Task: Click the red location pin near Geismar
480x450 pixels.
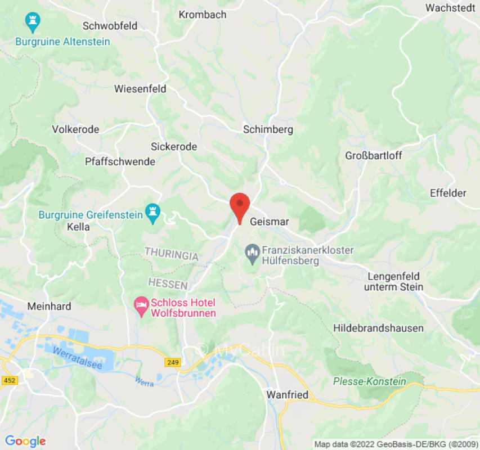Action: pyautogui.click(x=240, y=205)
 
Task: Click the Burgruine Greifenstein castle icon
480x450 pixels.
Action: pyautogui.click(x=152, y=213)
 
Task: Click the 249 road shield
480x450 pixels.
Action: pyautogui.click(x=173, y=363)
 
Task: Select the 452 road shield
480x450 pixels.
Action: pyautogui.click(x=10, y=381)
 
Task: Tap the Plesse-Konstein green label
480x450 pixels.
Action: pyautogui.click(x=369, y=381)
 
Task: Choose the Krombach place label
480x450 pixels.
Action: pyautogui.click(x=203, y=15)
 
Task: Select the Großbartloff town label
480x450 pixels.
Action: pyautogui.click(x=374, y=156)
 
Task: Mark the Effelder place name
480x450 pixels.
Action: pyautogui.click(x=448, y=193)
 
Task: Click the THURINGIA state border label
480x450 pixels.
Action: pyautogui.click(x=171, y=254)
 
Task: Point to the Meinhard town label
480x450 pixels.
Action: pyautogui.click(x=49, y=307)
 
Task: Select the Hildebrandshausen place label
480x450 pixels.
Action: pyautogui.click(x=378, y=328)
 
